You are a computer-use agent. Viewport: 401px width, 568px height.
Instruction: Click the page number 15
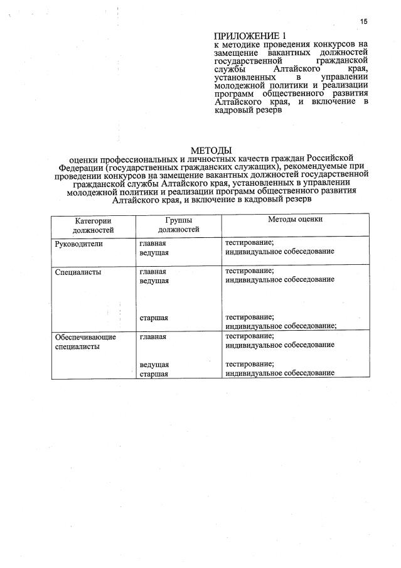pos(363,21)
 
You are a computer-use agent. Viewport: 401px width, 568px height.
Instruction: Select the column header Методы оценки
pos(295,220)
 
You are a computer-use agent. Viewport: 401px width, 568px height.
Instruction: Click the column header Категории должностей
pos(93,225)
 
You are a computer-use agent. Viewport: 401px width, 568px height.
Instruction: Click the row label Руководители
pos(78,242)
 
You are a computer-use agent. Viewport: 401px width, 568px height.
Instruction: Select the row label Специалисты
pos(78,272)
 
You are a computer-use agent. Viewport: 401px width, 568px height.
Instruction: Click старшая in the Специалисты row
pos(154,318)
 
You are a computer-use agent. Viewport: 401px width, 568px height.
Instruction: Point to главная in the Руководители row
pos(152,242)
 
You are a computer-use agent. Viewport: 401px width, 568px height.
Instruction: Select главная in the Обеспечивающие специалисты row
pos(152,336)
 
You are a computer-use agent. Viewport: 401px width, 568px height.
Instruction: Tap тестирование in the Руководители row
pos(249,242)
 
